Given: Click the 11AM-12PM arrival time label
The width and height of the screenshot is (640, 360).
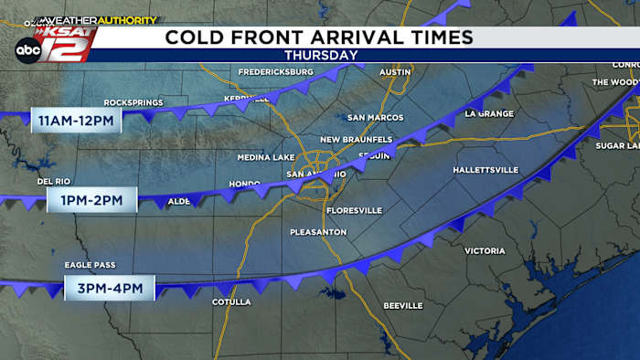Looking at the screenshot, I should click(x=77, y=120).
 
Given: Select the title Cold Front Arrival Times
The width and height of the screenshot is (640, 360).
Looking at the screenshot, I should click(x=319, y=37).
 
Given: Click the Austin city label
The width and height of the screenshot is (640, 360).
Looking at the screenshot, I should click(x=395, y=71).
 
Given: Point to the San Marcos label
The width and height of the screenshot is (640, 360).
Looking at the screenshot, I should click(x=376, y=118).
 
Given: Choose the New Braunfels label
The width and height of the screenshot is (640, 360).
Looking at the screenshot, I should click(x=356, y=139).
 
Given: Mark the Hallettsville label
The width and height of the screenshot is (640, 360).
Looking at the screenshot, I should click(x=485, y=170).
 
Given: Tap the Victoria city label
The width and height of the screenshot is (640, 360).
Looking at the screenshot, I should click(x=485, y=250).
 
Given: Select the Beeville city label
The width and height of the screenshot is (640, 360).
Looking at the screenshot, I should click(x=402, y=304).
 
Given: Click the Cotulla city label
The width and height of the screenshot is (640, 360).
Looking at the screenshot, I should click(x=230, y=302).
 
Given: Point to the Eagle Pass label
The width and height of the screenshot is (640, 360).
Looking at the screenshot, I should click(x=88, y=265).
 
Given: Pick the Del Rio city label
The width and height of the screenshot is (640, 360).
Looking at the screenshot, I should click(x=54, y=181).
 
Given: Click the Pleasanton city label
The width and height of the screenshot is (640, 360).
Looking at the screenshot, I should click(x=318, y=232).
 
